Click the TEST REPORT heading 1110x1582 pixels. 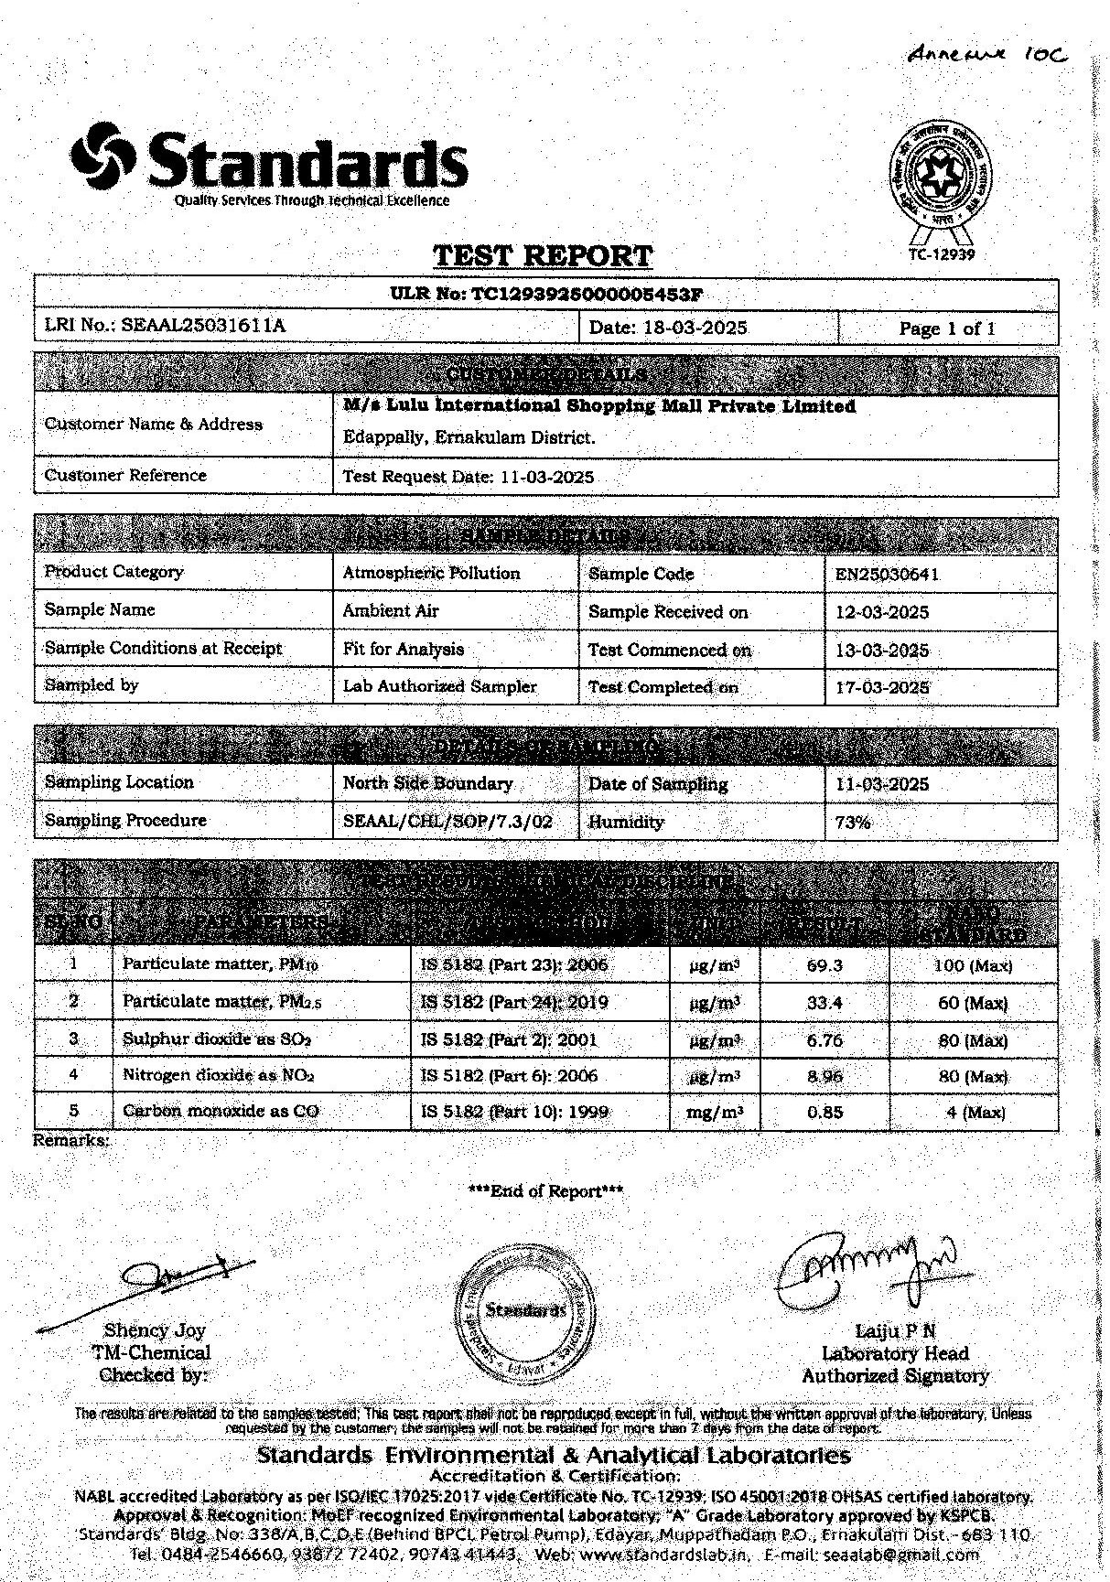tap(543, 255)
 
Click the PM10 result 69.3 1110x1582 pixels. tap(824, 965)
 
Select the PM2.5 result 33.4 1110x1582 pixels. tap(824, 1003)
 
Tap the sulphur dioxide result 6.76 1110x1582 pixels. tap(824, 1040)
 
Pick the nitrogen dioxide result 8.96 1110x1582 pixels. tap(824, 1077)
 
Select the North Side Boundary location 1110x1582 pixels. tap(427, 784)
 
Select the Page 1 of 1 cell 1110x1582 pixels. tap(947, 328)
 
